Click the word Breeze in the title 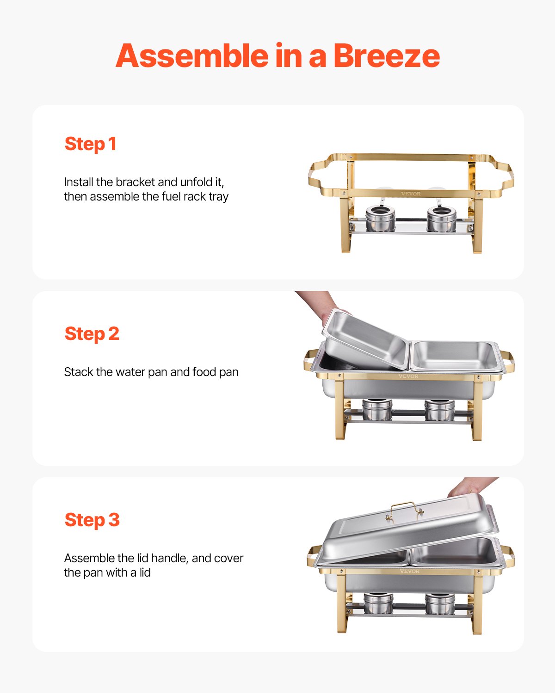click(386, 56)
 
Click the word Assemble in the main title click(192, 56)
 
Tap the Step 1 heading click(90, 144)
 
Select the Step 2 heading click(92, 334)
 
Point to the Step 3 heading click(92, 520)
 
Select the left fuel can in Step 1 click(380, 219)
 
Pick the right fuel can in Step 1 click(441, 219)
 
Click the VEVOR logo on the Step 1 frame click(411, 194)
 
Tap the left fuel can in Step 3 click(378, 603)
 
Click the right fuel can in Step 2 click(439, 410)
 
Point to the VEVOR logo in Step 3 click(410, 571)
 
